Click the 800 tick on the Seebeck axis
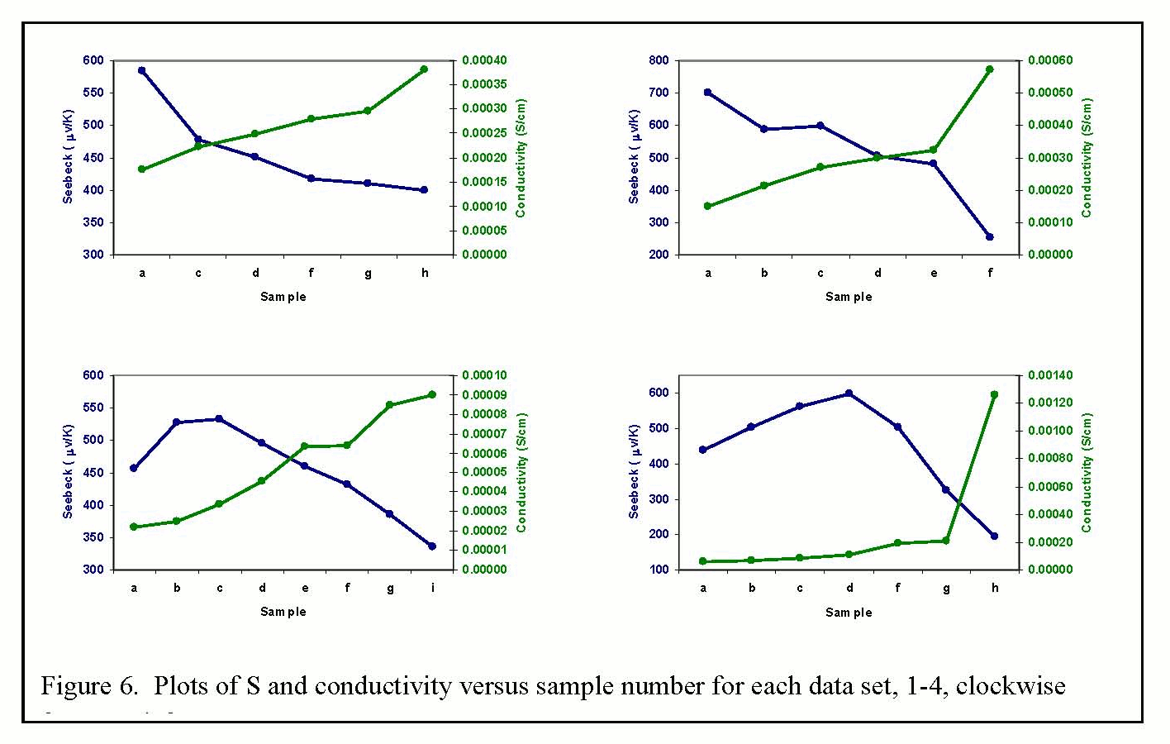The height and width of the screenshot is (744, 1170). [x=659, y=60]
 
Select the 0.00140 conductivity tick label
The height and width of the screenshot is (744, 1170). [x=1050, y=375]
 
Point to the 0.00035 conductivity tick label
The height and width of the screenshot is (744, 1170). [x=484, y=84]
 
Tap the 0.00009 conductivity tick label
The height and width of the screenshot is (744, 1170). [x=484, y=395]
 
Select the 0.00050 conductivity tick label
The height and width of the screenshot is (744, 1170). [x=1050, y=93]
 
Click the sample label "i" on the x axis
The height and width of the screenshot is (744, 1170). [x=432, y=588]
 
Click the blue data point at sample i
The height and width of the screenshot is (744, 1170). [x=432, y=546]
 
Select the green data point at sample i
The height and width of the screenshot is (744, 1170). [x=432, y=394]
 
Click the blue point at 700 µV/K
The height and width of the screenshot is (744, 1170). [x=708, y=93]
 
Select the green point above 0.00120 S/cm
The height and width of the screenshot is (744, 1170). [x=994, y=394]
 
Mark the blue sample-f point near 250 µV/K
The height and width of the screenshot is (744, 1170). [x=990, y=237]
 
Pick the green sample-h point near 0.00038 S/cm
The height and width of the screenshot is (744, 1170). [x=424, y=69]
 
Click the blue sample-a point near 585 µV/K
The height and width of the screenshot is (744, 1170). [x=142, y=70]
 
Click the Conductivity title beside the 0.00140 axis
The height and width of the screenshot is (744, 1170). [x=1087, y=472]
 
